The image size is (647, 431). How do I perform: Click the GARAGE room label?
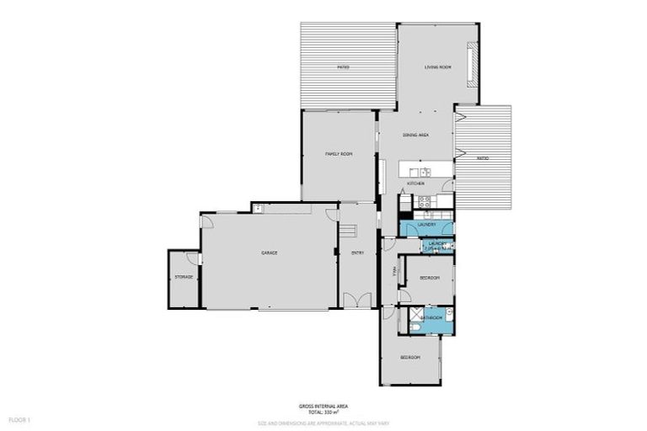pyautogui.click(x=269, y=253)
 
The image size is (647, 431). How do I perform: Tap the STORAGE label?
pyautogui.click(x=184, y=277)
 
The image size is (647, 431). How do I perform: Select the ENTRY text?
pyautogui.click(x=358, y=253)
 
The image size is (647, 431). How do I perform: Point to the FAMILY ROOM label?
pyautogui.click(x=339, y=154)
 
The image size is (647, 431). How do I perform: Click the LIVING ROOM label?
pyautogui.click(x=438, y=67)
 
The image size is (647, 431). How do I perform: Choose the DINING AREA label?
pyautogui.click(x=416, y=136)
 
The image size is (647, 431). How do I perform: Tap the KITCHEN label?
pyautogui.click(x=416, y=184)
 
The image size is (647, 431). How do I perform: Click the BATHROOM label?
pyautogui.click(x=432, y=317)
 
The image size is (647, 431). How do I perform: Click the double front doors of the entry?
pyautogui.click(x=357, y=300)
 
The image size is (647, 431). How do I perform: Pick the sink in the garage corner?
pyautogui.click(x=259, y=207)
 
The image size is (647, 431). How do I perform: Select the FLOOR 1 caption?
pyautogui.click(x=19, y=419)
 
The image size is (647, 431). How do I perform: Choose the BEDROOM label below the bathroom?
pyautogui.click(x=409, y=358)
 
